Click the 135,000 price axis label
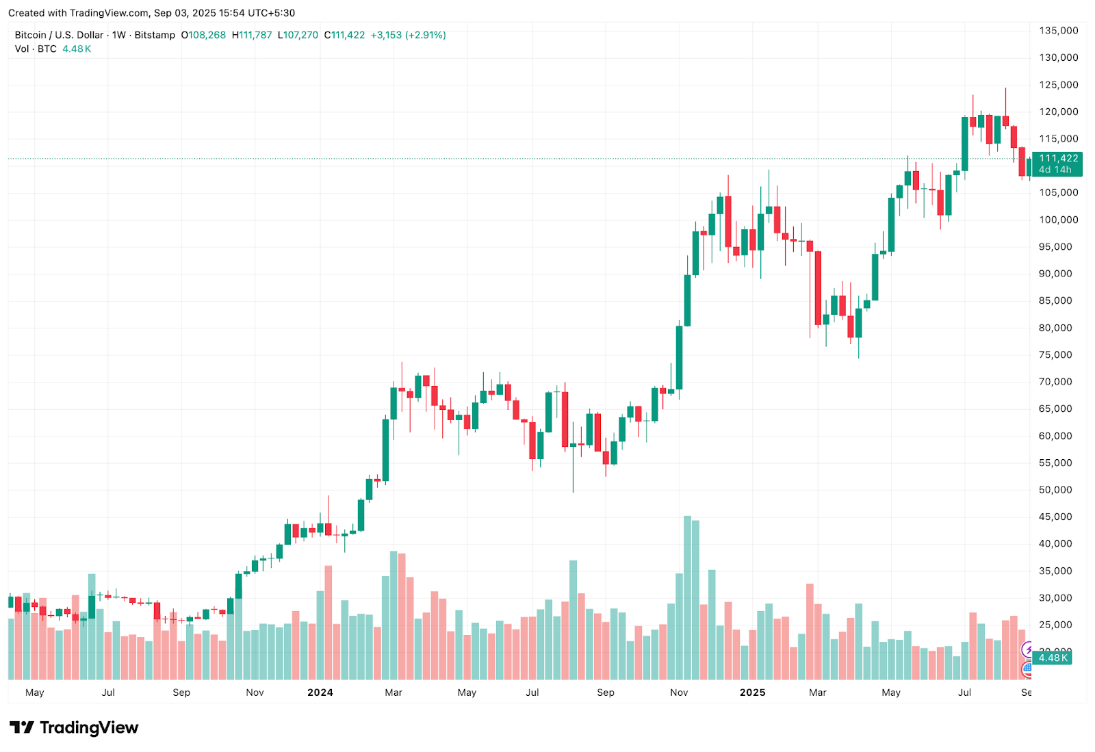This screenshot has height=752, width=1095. (1058, 31)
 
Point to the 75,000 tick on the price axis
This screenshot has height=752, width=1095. (1055, 355)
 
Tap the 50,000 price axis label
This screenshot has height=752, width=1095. (1055, 490)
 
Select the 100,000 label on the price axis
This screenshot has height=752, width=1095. (1058, 220)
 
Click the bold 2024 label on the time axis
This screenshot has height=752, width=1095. (320, 692)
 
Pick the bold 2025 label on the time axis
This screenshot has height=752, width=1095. (752, 692)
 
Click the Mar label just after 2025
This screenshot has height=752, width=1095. (818, 692)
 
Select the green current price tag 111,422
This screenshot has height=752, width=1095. (1057, 159)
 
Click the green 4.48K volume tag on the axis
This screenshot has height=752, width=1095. (1053, 658)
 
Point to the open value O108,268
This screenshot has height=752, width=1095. (203, 35)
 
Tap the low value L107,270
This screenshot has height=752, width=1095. (298, 35)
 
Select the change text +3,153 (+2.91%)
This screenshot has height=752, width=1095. (408, 35)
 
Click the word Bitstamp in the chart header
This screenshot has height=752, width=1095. (155, 35)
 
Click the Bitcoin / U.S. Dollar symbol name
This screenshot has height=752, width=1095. (59, 35)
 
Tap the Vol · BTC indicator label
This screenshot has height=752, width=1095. (36, 49)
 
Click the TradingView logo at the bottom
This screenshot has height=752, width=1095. (74, 727)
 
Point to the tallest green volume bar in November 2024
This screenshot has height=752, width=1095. (687, 597)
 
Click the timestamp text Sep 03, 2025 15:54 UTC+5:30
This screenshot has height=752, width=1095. (224, 13)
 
